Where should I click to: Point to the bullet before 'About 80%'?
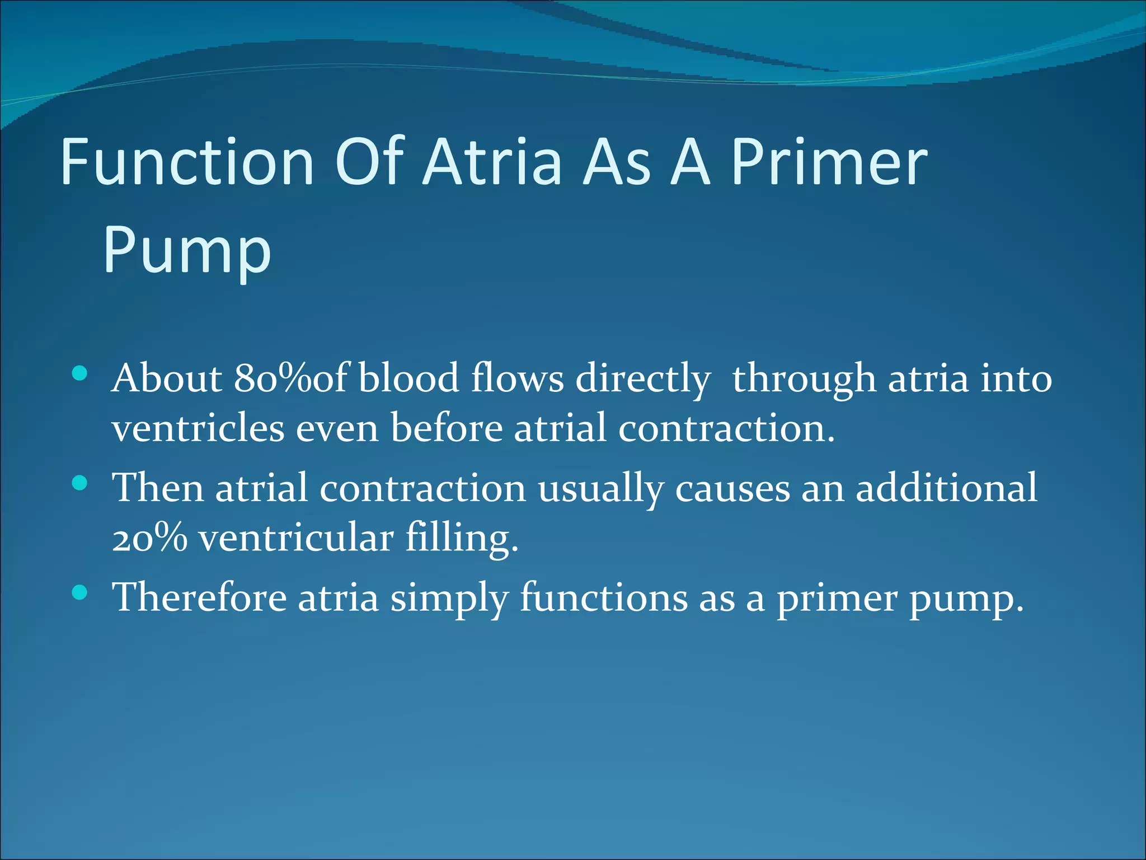click(x=80, y=373)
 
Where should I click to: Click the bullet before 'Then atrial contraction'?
click(x=80, y=483)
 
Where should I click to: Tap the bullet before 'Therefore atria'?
click(x=80, y=592)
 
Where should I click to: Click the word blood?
click(x=409, y=379)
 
